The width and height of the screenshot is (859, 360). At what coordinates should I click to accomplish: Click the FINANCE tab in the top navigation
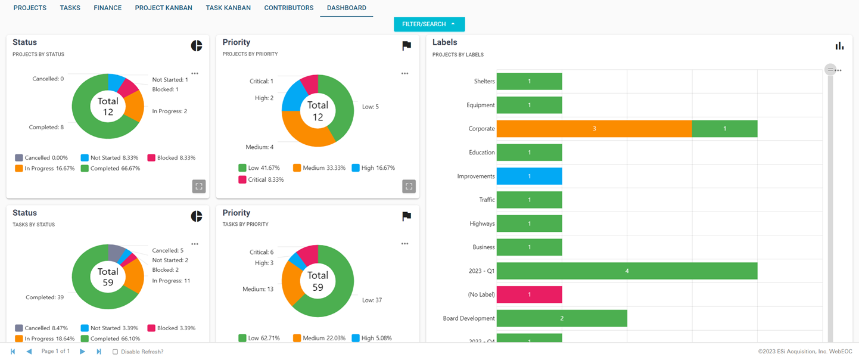107,8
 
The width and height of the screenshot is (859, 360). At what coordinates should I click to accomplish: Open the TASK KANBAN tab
228,8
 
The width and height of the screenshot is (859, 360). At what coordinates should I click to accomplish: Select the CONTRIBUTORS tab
288,8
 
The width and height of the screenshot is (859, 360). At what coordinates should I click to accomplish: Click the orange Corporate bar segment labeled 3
594,129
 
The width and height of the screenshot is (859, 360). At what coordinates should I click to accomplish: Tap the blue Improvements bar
529,176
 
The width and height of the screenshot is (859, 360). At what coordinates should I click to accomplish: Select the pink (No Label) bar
529,294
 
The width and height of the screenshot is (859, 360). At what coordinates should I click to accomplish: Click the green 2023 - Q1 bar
627,271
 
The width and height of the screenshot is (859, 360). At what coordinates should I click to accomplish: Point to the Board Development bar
561,318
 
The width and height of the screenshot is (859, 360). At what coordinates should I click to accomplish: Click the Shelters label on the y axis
484,81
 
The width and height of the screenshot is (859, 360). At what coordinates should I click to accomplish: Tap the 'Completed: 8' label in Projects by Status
46,127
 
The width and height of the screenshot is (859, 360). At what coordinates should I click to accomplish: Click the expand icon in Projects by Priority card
409,186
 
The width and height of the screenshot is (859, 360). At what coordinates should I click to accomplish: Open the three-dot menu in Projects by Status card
195,74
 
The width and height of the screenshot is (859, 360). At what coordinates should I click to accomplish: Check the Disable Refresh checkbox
116,352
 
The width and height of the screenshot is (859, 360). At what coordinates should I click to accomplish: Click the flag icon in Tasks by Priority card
406,216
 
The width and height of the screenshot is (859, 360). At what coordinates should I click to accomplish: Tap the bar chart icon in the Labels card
839,46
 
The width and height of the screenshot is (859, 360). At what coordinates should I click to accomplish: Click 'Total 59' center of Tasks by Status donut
108,277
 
